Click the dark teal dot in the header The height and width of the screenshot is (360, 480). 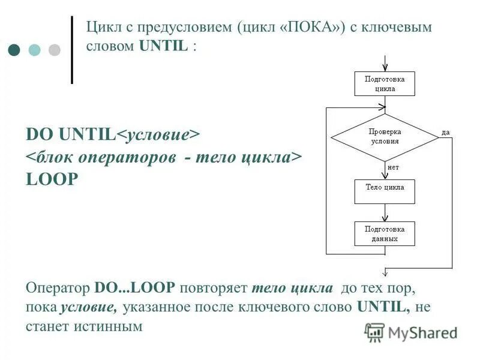15,50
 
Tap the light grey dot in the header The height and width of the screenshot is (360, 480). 55,50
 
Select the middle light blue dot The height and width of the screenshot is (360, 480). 35,50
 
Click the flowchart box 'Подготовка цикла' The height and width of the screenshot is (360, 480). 385,83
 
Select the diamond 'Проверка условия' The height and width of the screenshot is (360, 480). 385,137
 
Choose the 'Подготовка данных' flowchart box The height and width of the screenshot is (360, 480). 385,233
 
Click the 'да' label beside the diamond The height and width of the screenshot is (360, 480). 446,131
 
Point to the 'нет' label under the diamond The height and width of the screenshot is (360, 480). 394,168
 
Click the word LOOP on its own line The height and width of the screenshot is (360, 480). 52,180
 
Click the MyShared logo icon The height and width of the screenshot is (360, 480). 374,332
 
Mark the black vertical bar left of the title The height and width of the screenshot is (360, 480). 72,50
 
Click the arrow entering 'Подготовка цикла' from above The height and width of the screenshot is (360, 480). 385,63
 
